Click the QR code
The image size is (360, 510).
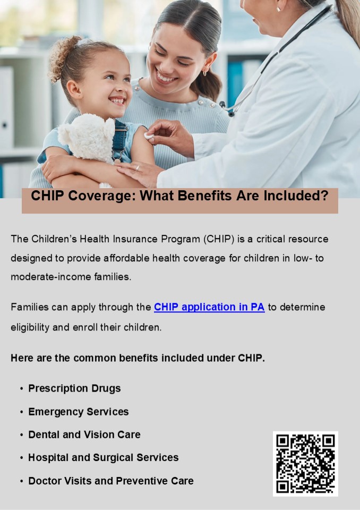[305, 464]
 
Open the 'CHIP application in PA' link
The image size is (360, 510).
[209, 307]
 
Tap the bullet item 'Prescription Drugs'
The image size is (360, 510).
[74, 388]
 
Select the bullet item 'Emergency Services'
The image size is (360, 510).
[78, 412]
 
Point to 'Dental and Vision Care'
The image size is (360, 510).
[84, 435]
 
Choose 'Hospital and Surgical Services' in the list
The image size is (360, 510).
[103, 457]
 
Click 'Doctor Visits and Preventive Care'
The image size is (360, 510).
[110, 481]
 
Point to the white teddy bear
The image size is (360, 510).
[88, 139]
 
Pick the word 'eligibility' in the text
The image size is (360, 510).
[30, 327]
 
